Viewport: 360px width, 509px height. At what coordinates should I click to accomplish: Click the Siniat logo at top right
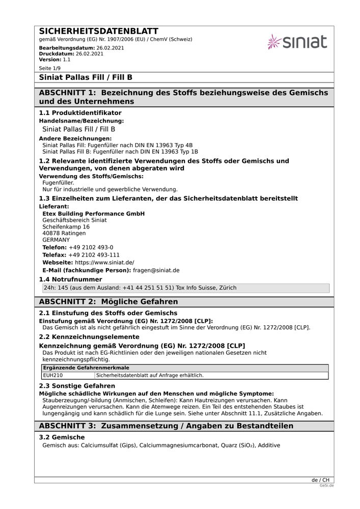[297, 42]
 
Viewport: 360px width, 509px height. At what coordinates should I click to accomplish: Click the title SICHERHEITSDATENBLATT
[99, 32]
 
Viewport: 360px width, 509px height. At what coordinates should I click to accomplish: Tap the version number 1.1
[67, 59]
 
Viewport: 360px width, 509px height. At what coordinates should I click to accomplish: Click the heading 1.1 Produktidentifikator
[80, 112]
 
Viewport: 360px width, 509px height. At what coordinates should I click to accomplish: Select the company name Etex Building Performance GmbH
[94, 214]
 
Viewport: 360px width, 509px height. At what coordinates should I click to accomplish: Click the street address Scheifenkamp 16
[66, 227]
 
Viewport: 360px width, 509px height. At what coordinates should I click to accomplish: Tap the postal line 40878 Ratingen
[64, 233]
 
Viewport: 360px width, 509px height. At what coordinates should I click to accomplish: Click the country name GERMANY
[56, 240]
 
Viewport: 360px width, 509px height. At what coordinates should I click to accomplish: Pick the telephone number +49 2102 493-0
[91, 247]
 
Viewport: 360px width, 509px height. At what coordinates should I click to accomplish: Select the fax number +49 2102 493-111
[94, 255]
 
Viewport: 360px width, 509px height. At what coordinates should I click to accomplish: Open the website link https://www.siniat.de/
[104, 263]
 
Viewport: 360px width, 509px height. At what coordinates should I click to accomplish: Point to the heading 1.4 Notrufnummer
[71, 279]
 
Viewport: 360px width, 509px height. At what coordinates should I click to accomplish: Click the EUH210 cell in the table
[53, 375]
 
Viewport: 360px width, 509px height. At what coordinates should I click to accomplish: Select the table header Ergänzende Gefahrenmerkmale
[86, 367]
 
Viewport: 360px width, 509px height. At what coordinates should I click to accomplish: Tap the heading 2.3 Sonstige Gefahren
[77, 386]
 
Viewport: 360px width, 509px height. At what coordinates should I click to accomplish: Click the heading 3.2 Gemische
[62, 437]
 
